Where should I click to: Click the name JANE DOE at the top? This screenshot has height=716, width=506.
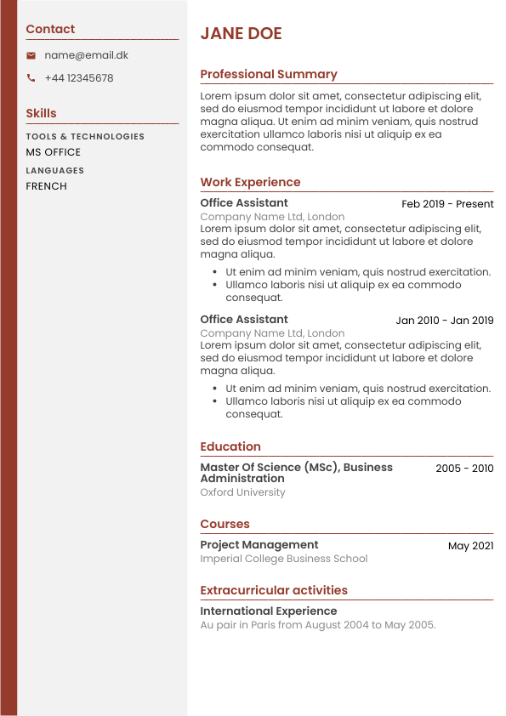tap(241, 34)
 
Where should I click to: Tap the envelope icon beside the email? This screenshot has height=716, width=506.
tap(31, 55)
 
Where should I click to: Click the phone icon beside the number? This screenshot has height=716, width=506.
tap(31, 78)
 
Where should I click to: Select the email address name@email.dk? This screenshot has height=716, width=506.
tap(86, 55)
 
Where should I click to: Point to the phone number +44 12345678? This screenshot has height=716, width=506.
tap(78, 78)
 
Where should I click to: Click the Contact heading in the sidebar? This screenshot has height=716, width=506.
tap(50, 29)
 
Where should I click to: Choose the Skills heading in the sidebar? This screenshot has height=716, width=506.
tap(41, 113)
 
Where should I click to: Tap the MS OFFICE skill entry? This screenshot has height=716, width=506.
tap(53, 152)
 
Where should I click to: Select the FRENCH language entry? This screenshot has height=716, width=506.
tap(46, 186)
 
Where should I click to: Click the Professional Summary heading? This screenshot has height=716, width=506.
tap(269, 74)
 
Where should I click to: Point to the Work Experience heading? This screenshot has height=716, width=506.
tap(250, 182)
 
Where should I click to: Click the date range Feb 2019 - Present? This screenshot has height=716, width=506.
tap(447, 204)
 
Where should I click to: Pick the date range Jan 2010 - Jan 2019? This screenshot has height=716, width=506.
tap(444, 321)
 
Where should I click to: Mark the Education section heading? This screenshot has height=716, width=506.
tap(230, 446)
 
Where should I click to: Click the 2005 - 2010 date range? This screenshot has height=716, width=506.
tap(464, 469)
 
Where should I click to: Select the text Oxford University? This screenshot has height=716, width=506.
tap(242, 492)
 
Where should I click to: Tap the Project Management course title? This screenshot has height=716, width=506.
tap(259, 545)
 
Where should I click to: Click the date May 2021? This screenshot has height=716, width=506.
tap(470, 546)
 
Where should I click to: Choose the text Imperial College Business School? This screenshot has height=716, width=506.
tap(284, 559)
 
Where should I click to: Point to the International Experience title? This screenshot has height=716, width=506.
tap(269, 611)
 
